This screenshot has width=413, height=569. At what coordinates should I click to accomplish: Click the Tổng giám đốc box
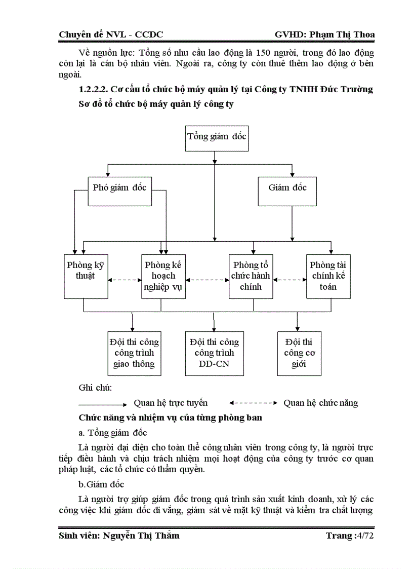(217, 137)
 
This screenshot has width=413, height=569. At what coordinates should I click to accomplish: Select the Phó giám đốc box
(120, 191)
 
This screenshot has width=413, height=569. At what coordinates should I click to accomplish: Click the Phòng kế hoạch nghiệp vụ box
(163, 276)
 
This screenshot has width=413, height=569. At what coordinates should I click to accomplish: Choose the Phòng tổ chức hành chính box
(251, 276)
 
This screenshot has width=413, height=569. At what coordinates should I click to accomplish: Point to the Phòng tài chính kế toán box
(328, 276)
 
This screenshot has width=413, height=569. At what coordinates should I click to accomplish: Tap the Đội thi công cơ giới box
(299, 353)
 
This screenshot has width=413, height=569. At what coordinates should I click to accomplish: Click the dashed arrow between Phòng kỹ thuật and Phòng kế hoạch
(125, 279)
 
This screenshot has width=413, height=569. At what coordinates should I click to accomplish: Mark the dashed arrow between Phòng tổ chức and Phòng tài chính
(290, 279)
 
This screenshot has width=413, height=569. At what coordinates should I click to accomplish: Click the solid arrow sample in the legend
(103, 404)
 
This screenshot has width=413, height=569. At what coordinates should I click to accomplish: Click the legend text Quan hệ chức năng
(320, 403)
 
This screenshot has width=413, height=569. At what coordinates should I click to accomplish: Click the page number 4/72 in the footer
(365, 536)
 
